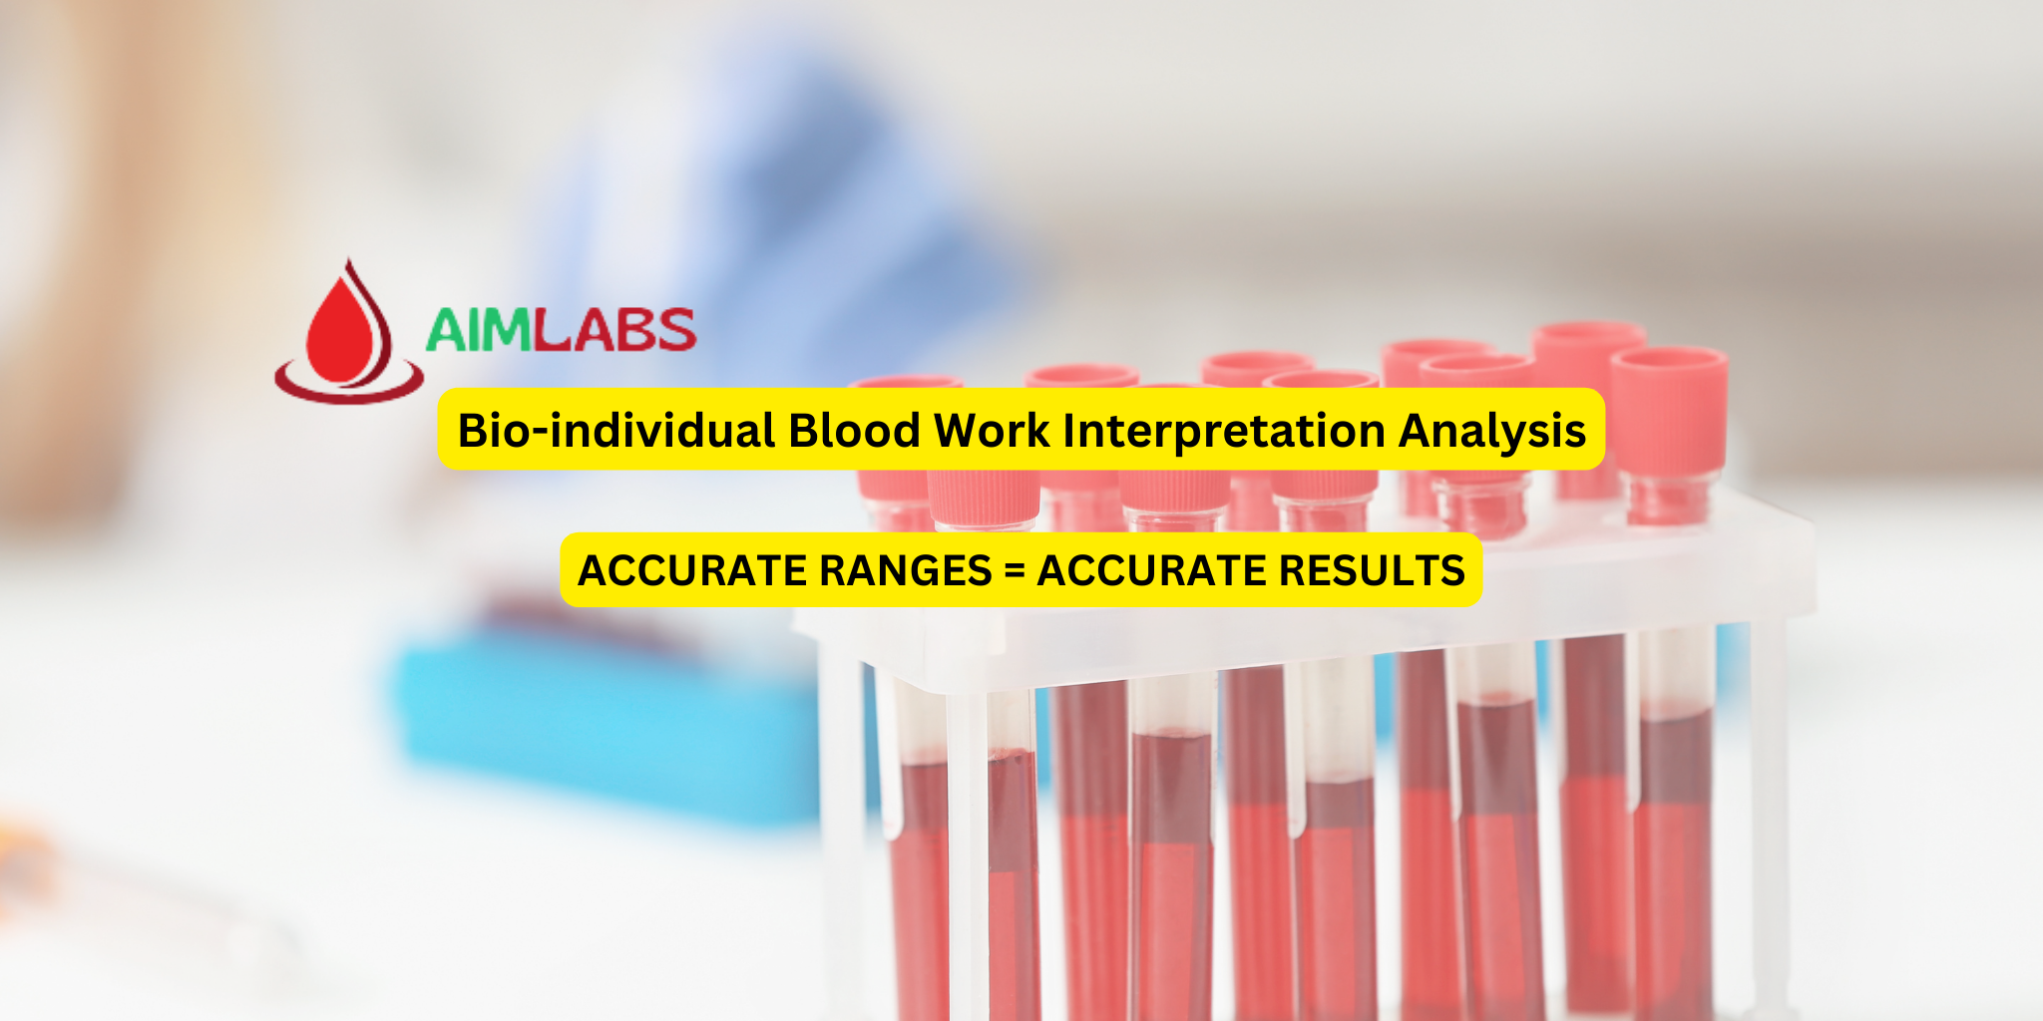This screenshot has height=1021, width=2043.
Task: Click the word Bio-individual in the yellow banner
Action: click(616, 431)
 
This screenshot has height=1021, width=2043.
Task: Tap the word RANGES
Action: click(905, 570)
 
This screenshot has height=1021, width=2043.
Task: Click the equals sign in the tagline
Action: click(1015, 571)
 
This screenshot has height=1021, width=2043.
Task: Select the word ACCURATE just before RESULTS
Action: click(1151, 570)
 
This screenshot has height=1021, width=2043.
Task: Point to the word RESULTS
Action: click(1372, 570)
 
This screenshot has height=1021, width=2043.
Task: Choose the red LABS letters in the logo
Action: click(615, 330)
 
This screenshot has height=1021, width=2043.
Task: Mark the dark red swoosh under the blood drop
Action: click(348, 388)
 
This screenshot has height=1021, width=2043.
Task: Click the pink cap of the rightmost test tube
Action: click(1668, 409)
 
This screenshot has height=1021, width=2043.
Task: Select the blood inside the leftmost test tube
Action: click(919, 887)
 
